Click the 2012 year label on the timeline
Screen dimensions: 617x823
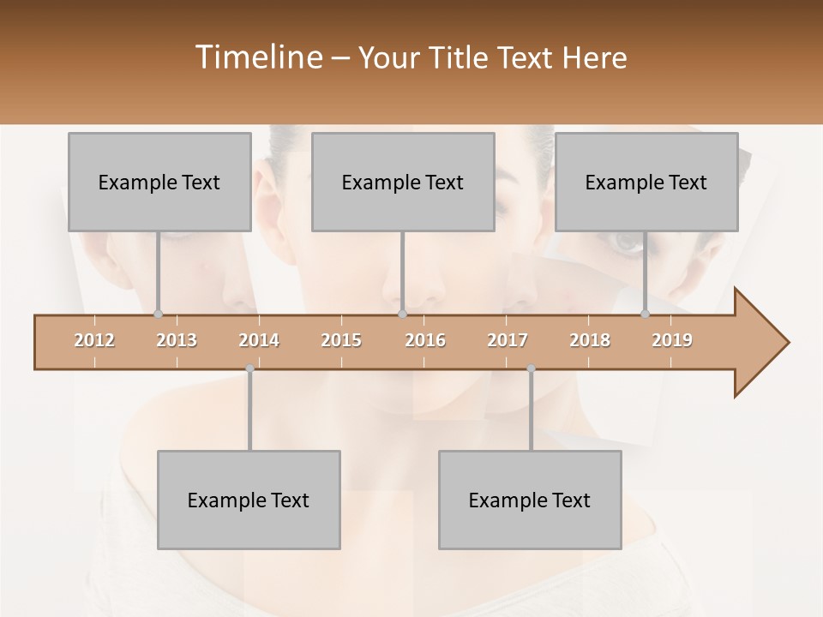pyautogui.click(x=94, y=340)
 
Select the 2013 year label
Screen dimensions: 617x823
pyautogui.click(x=177, y=340)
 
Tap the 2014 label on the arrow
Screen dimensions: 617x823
pyautogui.click(x=259, y=340)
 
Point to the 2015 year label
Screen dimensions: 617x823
pyautogui.click(x=341, y=340)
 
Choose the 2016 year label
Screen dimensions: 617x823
pyautogui.click(x=425, y=340)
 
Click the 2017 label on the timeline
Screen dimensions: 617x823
pyautogui.click(x=508, y=340)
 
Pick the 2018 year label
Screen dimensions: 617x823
pyautogui.click(x=590, y=340)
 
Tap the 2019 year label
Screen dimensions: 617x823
pyautogui.click(x=672, y=340)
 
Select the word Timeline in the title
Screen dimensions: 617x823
pyautogui.click(x=257, y=57)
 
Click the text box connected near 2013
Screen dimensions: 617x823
pyautogui.click(x=159, y=182)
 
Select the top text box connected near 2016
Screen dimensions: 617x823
pyautogui.click(x=403, y=182)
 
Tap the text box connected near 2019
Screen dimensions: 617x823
pyautogui.click(x=646, y=182)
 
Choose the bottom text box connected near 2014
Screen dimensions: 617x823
pyautogui.click(x=249, y=500)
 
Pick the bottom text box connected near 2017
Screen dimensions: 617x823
pyautogui.click(x=530, y=500)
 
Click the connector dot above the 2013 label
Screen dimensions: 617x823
pyautogui.click(x=158, y=314)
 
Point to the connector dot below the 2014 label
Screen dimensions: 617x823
pyautogui.click(x=249, y=368)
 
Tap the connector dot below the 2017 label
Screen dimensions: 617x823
pyautogui.click(x=531, y=368)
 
